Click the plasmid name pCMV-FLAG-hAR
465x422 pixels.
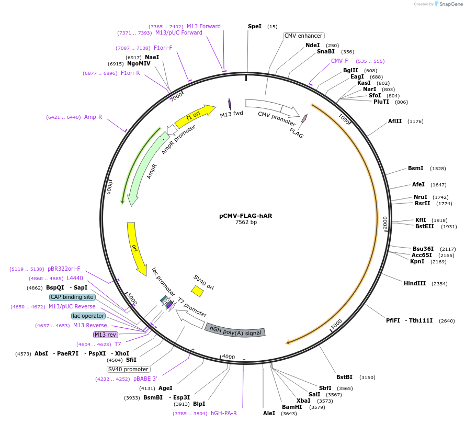coord(245,215)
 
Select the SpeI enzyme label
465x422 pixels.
coord(254,26)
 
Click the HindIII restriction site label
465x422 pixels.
coord(415,283)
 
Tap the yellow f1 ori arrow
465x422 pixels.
coord(194,116)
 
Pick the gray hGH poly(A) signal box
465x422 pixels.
coord(235,330)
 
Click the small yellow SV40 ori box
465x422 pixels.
coord(197,291)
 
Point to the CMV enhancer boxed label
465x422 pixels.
coord(303,36)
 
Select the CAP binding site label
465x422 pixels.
coord(72,297)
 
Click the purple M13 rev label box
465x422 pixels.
coord(106,335)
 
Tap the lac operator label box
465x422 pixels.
coord(88,316)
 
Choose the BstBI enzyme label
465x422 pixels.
coord(344,377)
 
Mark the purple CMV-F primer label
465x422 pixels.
coord(339,61)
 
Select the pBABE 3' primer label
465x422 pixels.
coord(145,379)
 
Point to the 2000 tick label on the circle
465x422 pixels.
coord(385,223)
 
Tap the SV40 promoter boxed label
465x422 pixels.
coord(129,369)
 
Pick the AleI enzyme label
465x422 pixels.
coord(269,413)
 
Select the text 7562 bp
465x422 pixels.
coord(246,223)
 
